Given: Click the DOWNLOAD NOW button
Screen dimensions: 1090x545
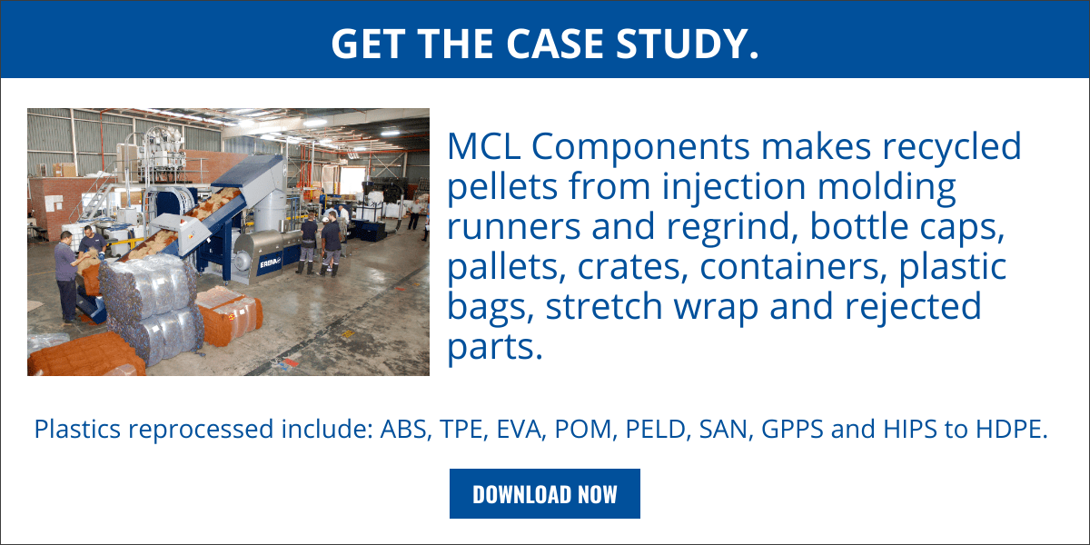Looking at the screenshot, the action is pos(544,493).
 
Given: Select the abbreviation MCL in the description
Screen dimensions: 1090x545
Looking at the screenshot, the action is pos(483,146).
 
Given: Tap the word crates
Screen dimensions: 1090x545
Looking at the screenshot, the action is pos(632,267).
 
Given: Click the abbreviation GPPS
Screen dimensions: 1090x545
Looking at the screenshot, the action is pos(792,429).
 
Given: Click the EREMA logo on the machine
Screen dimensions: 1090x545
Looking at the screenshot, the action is pos(271,263).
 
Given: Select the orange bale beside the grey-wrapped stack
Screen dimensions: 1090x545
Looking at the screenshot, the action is pos(229,315).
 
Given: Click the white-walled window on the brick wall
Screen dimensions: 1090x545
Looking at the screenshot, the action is pos(54,203).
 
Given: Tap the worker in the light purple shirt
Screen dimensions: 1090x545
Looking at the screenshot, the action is pos(68,276).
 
